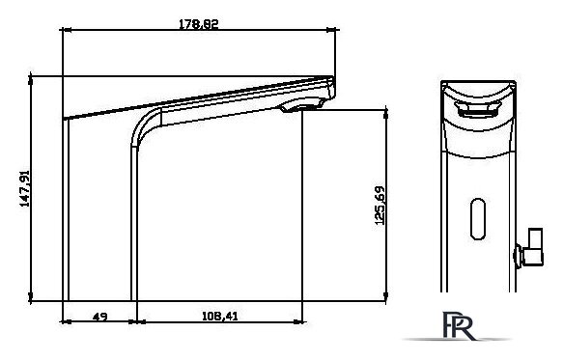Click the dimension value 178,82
click(199, 24)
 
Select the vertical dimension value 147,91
click(24, 188)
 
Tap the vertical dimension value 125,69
click(380, 206)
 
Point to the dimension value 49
click(99, 317)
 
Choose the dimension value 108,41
click(220, 317)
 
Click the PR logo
click(459, 326)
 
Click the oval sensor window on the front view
click(478, 219)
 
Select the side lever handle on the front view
click(529, 248)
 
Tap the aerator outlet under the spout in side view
click(301, 106)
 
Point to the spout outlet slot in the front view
click(477, 109)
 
